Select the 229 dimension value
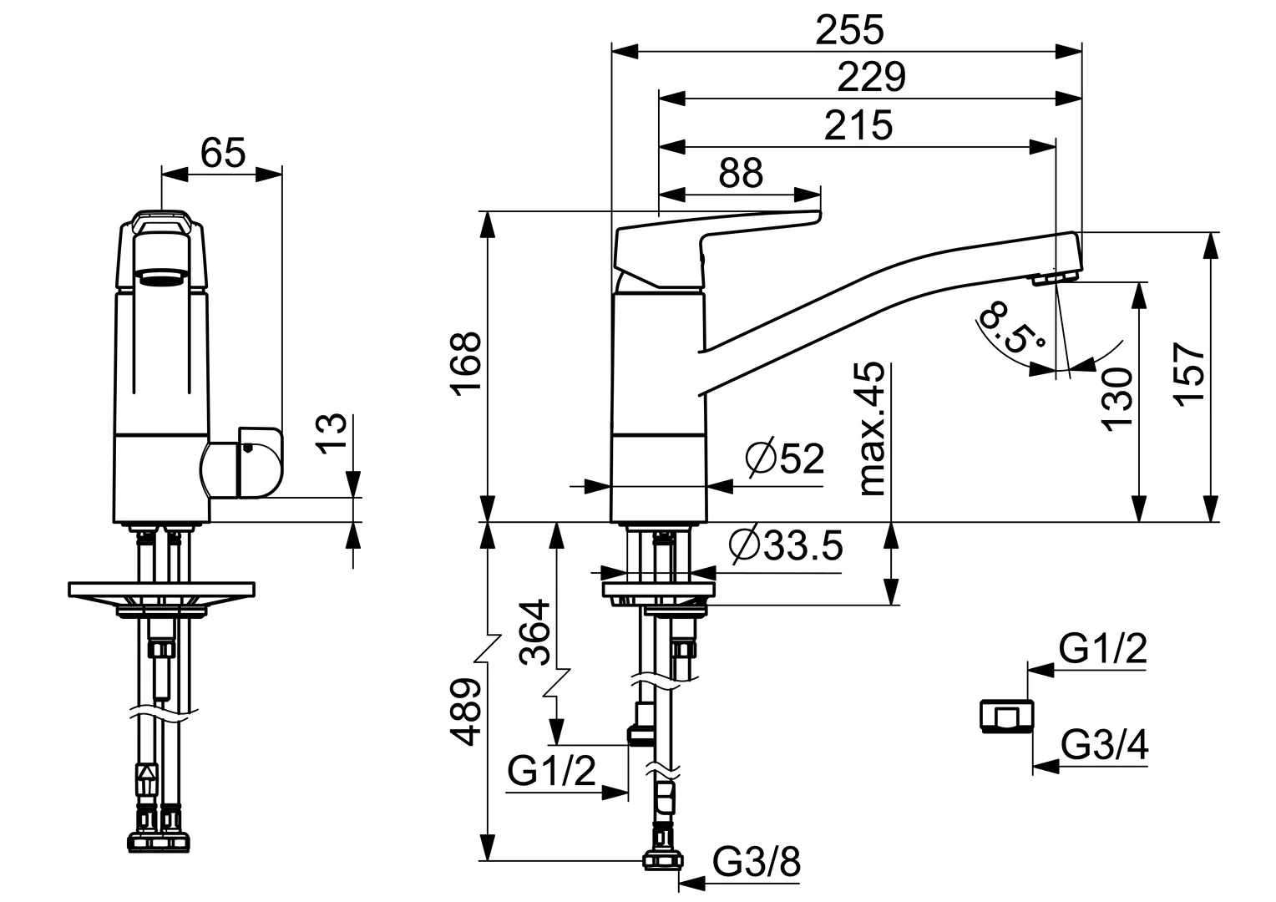tap(871, 78)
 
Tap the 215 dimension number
tap(858, 126)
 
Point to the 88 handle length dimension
tap(741, 174)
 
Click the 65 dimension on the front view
tap(223, 153)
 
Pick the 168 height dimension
tap(465, 365)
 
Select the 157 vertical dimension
tap(1189, 373)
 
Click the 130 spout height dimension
tap(1116, 398)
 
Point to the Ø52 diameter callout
tap(785, 459)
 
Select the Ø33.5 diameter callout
tap(785, 545)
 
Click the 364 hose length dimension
tap(534, 632)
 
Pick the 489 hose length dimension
tap(465, 712)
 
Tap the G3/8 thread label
tap(757, 861)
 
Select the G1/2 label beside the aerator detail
tap(1102, 648)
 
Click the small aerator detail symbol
tap(1005, 717)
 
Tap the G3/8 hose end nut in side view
tap(662, 859)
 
